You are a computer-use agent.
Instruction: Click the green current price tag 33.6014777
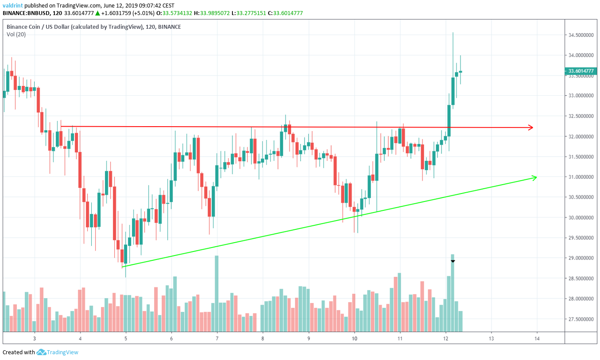(581, 71)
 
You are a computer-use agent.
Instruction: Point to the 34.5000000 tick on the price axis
(581, 35)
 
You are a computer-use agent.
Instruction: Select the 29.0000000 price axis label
(581, 258)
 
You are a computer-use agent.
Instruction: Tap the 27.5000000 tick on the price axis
(581, 319)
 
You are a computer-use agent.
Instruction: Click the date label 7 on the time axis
(217, 339)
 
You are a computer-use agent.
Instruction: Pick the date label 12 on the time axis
(445, 339)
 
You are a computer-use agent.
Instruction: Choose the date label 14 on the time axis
(537, 339)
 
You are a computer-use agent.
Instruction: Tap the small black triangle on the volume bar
(453, 261)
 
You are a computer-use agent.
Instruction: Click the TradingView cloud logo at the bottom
(41, 352)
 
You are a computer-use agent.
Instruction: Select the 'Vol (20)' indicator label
(16, 35)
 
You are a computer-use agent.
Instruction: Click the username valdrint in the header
(13, 5)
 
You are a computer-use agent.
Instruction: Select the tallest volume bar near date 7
(217, 294)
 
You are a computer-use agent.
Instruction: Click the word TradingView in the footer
(63, 352)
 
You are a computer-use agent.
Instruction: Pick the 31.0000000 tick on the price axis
(581, 177)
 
